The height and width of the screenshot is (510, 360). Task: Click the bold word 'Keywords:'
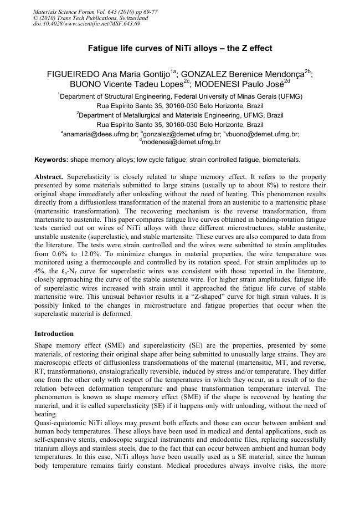[51, 160]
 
